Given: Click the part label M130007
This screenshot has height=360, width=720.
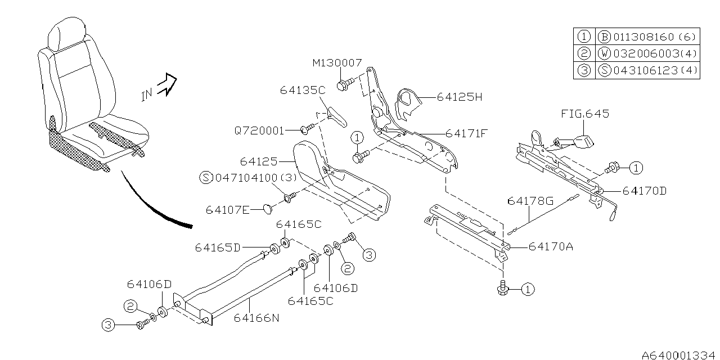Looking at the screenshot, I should coord(337,63).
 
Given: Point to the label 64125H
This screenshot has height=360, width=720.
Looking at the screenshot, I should coord(460,97).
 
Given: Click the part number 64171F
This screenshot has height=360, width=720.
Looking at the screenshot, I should coord(466,134).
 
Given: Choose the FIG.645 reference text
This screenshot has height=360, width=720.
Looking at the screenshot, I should coord(585,114).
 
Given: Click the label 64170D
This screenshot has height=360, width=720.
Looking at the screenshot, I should coord(645,191).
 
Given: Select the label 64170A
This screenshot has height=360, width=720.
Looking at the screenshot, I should coord(551,246).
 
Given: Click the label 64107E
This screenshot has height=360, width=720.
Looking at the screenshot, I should coord(227,209).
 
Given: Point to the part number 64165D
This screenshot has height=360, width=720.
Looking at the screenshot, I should coord(218,247).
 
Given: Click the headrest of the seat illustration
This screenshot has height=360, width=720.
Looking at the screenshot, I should coord(61,35).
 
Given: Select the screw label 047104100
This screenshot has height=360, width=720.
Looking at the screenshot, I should coord(247,178).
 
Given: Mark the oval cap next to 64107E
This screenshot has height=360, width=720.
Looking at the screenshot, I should coord(265,209).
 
